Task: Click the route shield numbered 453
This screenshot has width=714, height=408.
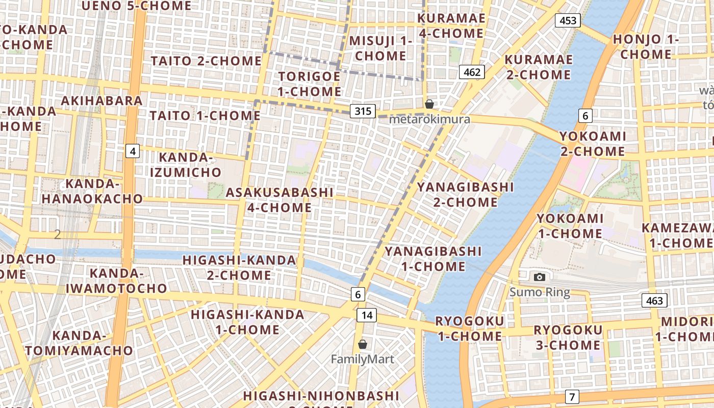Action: click(x=568, y=20)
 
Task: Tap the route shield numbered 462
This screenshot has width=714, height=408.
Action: click(x=472, y=72)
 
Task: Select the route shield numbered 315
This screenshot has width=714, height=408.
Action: click(x=363, y=111)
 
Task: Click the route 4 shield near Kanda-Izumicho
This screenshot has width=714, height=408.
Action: click(x=133, y=151)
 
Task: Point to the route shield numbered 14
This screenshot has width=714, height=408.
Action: click(x=367, y=315)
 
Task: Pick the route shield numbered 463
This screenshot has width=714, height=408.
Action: click(x=654, y=300)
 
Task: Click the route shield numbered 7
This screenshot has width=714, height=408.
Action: click(x=572, y=396)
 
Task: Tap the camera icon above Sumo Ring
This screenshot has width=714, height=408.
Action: click(x=540, y=277)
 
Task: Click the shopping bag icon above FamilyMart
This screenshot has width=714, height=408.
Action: click(x=363, y=344)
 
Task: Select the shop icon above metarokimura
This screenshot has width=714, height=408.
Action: click(x=429, y=104)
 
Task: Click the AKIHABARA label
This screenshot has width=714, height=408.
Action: click(x=102, y=100)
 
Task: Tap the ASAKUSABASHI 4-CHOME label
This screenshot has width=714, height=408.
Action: click(x=279, y=200)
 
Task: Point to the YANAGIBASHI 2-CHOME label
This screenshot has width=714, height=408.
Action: click(x=465, y=194)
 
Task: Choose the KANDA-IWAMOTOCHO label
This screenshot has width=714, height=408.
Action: click(x=116, y=280)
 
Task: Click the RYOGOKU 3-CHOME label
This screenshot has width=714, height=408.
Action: click(x=568, y=337)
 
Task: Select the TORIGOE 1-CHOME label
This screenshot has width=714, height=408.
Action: click(x=310, y=84)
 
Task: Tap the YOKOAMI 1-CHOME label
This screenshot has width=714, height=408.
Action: click(x=570, y=226)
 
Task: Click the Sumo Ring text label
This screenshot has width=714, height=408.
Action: click(x=540, y=292)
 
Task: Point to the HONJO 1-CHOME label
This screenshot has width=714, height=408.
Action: click(x=646, y=46)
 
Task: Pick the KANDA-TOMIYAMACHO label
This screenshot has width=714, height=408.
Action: click(x=79, y=343)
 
